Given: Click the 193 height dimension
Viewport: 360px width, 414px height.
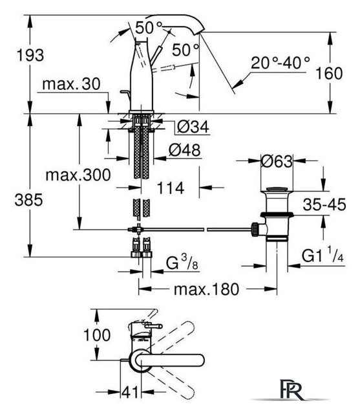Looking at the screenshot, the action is (30, 56).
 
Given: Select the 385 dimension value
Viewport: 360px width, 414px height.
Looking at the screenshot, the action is (28, 200).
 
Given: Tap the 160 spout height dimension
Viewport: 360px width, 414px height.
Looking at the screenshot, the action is (329, 73).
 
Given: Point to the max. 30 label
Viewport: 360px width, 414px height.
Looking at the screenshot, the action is (71, 84).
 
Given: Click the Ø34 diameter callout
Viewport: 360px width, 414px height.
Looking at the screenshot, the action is (193, 127).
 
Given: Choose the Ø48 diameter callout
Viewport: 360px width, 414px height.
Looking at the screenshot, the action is (185, 150).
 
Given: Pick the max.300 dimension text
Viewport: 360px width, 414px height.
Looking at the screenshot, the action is (78, 175).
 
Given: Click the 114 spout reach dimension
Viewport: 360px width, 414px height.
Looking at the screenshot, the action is (171, 188).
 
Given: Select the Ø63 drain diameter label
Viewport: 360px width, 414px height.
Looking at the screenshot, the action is (277, 161).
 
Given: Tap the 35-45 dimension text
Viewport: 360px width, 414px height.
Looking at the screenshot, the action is (324, 204).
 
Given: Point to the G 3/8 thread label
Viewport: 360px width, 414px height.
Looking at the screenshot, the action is (182, 263).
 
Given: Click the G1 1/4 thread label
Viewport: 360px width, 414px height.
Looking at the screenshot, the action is (323, 254).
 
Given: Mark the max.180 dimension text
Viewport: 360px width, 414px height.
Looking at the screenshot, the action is (206, 289).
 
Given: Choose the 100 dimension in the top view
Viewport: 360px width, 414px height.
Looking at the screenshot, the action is (97, 335).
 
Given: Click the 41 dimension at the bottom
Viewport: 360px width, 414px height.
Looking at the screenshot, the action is (130, 392).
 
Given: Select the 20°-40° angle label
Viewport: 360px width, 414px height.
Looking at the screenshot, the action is (281, 63).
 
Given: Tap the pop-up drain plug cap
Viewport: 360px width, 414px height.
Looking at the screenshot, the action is (277, 189).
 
